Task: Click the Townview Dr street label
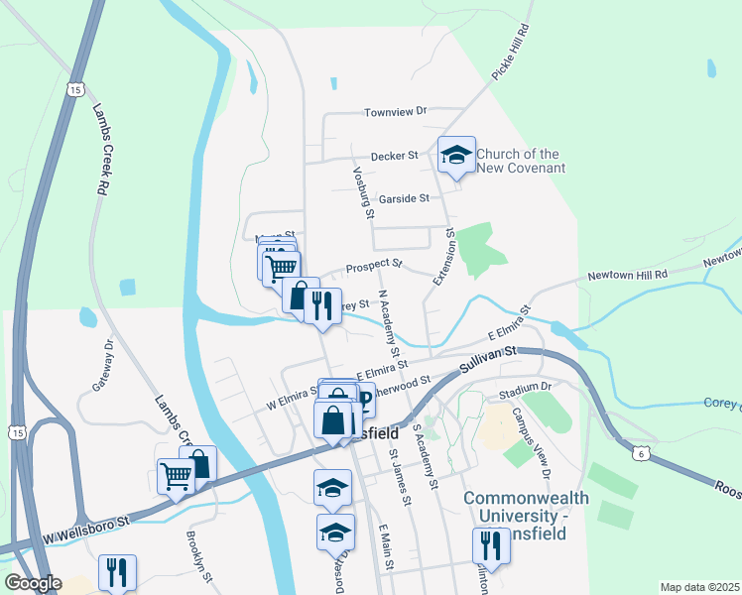pos(394,112)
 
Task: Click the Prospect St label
pos(374,266)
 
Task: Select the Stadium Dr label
pos(526,387)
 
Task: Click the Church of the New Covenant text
pos(520,161)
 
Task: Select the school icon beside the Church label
pos(456,155)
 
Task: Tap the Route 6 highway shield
pos(641,453)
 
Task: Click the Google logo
pos(33,583)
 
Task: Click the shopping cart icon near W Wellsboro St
pos(177,476)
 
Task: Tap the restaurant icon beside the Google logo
pos(117,572)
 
